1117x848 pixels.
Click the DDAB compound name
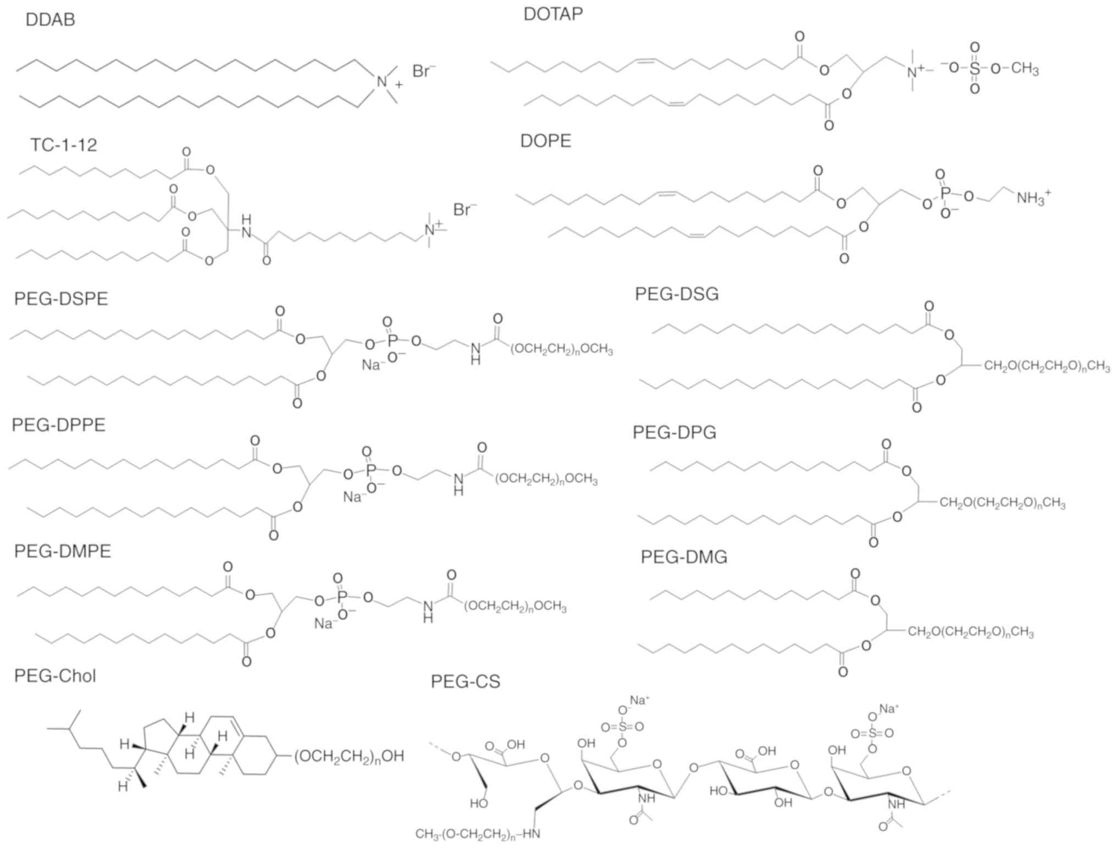point(50,19)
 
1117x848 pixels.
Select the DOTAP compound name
point(552,14)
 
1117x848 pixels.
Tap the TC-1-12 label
point(63,145)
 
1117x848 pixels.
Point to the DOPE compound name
point(545,141)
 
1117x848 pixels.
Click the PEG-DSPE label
point(61,299)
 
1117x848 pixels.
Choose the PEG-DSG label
point(676,294)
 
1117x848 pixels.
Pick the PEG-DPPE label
point(58,425)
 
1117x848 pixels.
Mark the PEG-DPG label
point(674,432)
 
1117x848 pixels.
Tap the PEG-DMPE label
point(63,551)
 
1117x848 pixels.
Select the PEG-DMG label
point(683,557)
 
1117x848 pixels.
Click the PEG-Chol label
point(55,675)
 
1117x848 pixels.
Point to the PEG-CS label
point(465,681)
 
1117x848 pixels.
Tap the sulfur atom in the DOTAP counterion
point(975,68)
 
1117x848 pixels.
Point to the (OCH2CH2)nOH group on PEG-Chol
point(349,757)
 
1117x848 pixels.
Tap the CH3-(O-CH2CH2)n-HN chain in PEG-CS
point(478,834)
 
